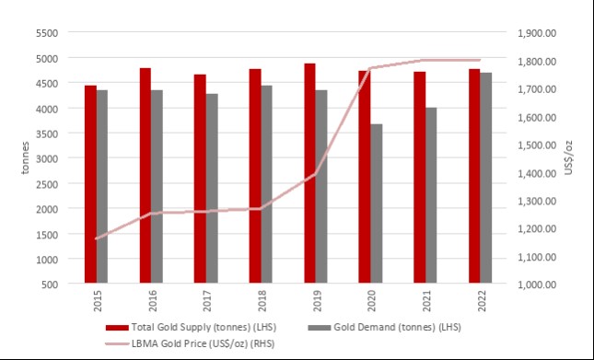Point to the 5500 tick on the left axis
pyautogui.click(x=46, y=33)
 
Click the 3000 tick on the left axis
pyautogui.click(x=46, y=158)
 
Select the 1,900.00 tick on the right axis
pyautogui.click(x=538, y=33)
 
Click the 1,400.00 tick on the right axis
pyautogui.click(x=538, y=173)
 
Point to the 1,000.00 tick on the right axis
pyautogui.click(x=538, y=285)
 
